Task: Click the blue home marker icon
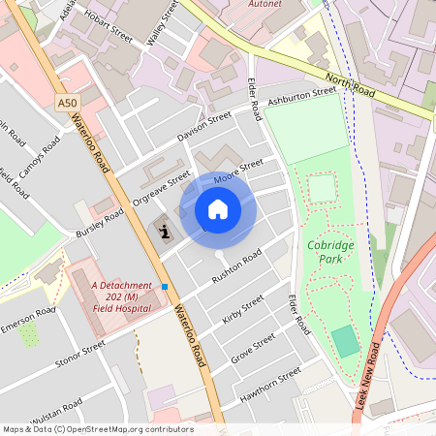point(218,209)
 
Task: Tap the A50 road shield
point(66,103)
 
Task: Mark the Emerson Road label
point(28,323)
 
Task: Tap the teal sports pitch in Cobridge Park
point(344,340)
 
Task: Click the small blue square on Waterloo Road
point(166,287)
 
